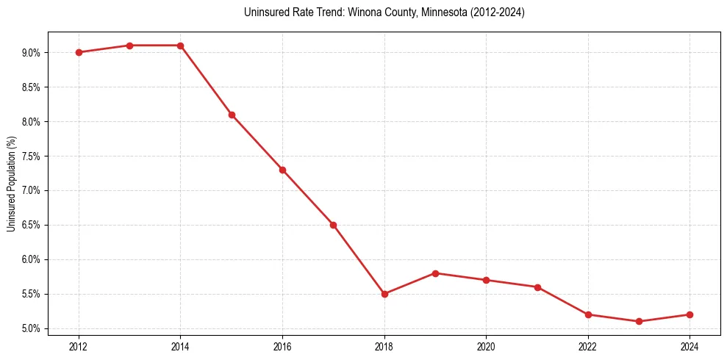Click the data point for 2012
[79, 52]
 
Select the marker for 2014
[180, 46]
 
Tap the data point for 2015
[232, 115]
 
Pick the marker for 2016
[282, 170]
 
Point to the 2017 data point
[333, 225]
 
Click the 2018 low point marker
[384, 294]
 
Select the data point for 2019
[435, 273]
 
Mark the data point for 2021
[537, 287]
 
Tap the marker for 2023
[639, 321]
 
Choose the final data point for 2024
[690, 314]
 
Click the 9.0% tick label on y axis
[32, 53]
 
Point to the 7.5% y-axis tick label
[32, 156]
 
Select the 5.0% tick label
[32, 328]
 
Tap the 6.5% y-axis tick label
[32, 226]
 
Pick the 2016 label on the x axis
[282, 345]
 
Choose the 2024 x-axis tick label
[690, 345]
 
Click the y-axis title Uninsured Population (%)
[12, 184]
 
